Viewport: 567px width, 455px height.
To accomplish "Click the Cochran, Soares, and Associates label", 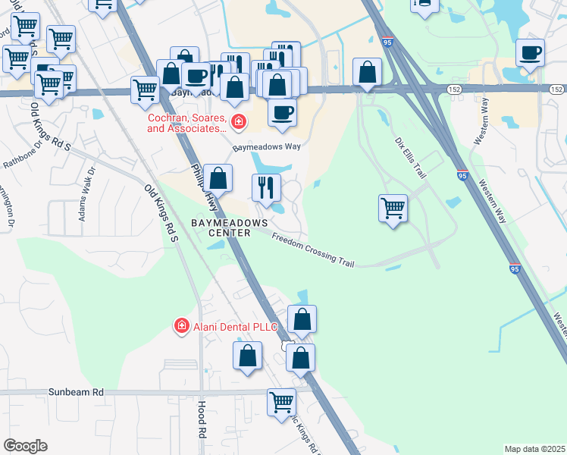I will pos(186,124).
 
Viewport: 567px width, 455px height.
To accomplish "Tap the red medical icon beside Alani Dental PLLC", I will pos(182,326).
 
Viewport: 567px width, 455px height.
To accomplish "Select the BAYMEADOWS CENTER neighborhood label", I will pos(230,227).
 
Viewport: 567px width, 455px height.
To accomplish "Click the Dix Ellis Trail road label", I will pos(410,156).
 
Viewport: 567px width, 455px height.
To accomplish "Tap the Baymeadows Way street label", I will pos(262,148).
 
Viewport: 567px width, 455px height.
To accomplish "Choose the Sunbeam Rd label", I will pos(76,392).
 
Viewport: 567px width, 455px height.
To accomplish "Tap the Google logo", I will pos(25,445).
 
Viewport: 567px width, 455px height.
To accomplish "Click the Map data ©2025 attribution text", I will pos(534,449).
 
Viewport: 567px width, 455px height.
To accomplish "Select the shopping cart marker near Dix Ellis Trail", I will pos(393,207).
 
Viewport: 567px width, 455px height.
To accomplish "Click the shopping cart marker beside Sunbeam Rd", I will pos(281,401).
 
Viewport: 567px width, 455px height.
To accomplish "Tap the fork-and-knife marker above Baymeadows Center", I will pos(266,187).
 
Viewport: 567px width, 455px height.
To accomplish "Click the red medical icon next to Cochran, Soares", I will pos(238,121).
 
